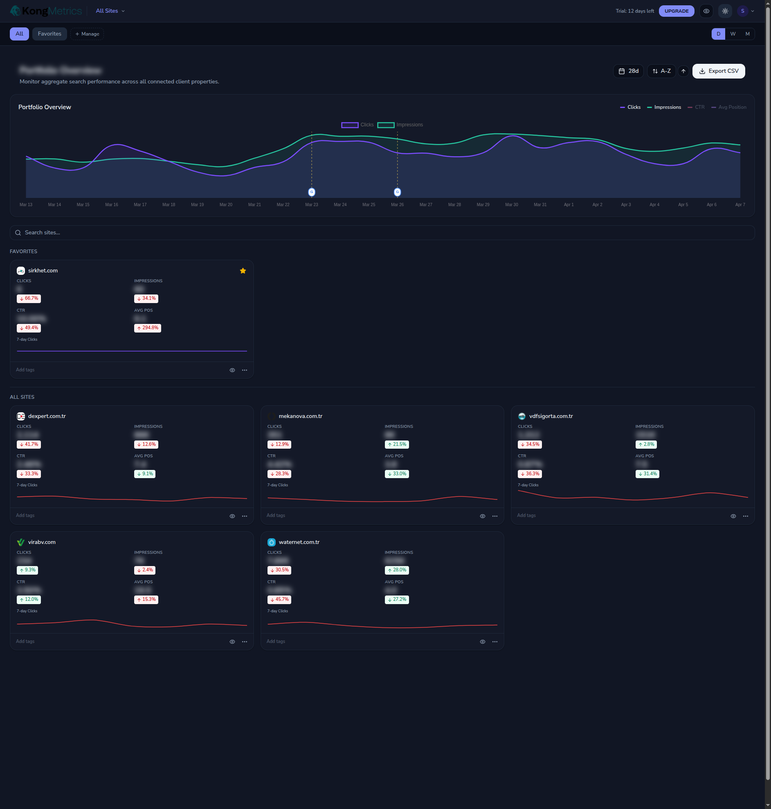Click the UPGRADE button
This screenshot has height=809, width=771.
[676, 11]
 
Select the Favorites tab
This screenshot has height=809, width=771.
[49, 34]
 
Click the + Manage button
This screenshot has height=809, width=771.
[87, 34]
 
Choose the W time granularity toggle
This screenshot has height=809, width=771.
[733, 34]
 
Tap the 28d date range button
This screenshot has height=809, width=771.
[628, 71]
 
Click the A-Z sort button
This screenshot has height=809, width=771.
[661, 71]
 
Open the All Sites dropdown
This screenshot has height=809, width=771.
[110, 11]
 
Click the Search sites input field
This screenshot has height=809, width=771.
[382, 233]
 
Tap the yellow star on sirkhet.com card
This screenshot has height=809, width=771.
[243, 271]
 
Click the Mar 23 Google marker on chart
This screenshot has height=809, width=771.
[312, 192]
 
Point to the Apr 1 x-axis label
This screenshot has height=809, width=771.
[569, 204]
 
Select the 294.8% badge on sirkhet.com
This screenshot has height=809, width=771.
[148, 328]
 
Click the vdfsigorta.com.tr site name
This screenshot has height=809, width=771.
[551, 416]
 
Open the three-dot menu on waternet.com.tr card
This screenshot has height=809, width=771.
[495, 642]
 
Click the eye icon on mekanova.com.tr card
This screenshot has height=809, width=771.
[483, 516]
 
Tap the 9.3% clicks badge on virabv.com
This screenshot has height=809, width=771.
[27, 570]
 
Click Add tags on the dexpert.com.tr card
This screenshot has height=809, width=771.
[25, 515]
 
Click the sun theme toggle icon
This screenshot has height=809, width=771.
[725, 11]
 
